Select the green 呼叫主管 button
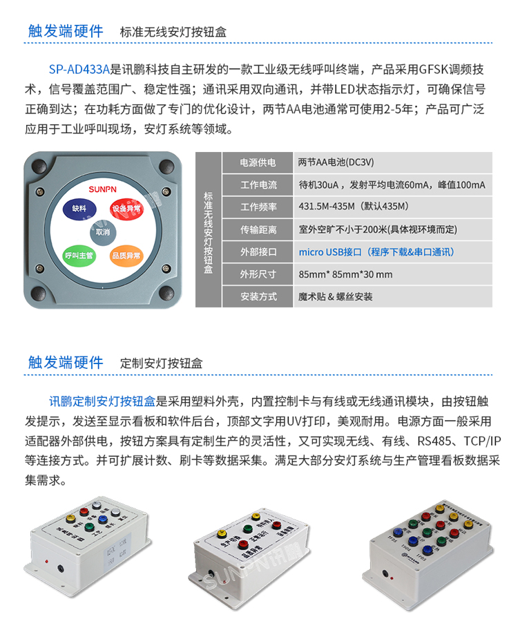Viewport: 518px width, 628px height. (77, 256)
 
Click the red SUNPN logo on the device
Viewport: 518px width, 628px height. (102, 187)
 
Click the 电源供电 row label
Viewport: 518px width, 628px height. (258, 163)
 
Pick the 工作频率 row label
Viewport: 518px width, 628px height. (258, 207)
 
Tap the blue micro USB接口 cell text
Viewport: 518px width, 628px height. (376, 251)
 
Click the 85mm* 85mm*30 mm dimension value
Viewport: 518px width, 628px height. (345, 274)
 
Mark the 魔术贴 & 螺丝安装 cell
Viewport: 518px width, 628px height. (336, 296)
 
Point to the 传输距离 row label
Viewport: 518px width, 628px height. (258, 229)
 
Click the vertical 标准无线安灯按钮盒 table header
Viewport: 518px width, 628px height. (209, 230)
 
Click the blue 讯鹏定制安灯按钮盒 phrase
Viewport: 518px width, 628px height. (103, 401)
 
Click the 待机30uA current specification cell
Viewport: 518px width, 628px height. (392, 185)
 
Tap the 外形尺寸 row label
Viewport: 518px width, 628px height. (258, 274)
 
